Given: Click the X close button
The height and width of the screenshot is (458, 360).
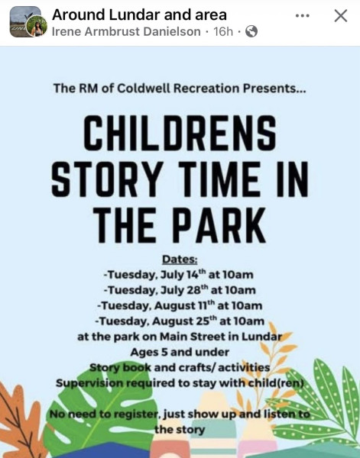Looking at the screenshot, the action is click(341, 16).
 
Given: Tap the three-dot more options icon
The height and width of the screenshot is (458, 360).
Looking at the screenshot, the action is click(302, 16).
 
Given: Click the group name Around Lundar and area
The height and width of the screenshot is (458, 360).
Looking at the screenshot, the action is click(139, 15).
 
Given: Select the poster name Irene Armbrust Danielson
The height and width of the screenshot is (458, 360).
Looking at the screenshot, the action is click(126, 31).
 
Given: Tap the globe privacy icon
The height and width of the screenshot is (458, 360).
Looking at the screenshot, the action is click(251, 31).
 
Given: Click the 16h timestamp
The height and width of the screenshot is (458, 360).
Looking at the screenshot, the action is click(223, 31).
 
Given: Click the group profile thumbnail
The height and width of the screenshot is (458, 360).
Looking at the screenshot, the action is click(25, 21).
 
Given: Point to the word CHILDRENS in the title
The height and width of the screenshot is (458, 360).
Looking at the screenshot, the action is click(180, 132).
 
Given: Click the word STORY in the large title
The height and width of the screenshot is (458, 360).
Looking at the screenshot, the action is click(107, 179).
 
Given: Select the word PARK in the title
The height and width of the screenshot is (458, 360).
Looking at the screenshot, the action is click(221, 225).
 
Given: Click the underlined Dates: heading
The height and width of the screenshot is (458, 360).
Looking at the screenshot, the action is click(180, 260).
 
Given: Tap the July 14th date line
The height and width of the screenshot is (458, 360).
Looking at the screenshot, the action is click(179, 275).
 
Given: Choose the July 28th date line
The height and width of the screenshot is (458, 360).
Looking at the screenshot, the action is click(180, 290).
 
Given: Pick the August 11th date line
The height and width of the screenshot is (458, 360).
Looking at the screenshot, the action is click(180, 305).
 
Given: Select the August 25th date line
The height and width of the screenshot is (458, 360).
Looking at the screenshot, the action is click(180, 321).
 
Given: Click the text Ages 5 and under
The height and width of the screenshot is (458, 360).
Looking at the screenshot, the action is click(180, 352).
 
